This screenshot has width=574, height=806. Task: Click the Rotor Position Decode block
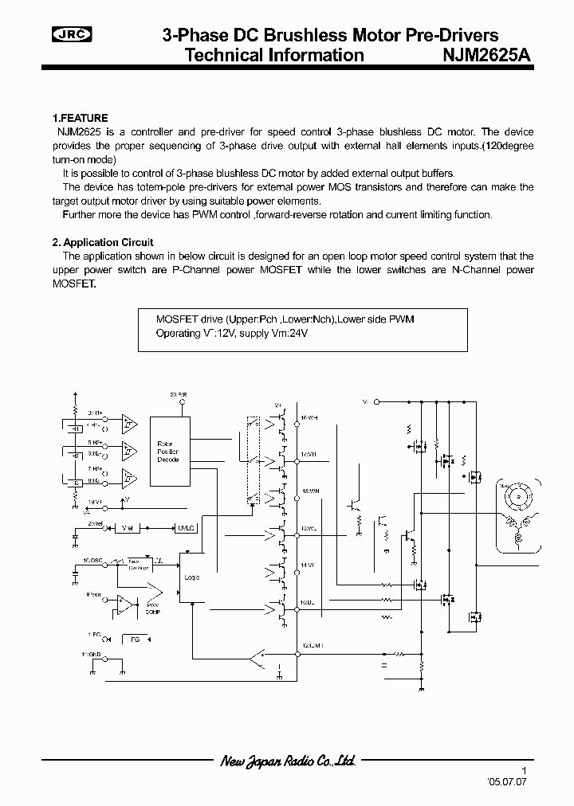[168, 452]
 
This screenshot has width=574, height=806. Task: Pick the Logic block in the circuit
[191, 577]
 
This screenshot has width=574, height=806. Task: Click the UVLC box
[186, 527]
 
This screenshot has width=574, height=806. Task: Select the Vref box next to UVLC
[129, 527]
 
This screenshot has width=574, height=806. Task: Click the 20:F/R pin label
[179, 395]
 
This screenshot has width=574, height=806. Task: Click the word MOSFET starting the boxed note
[174, 319]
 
